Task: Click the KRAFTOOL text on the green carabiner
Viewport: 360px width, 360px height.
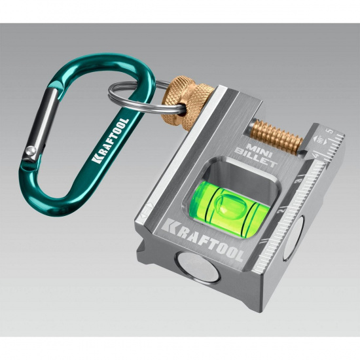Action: point(110,141)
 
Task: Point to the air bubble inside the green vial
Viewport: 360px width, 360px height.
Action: point(231,205)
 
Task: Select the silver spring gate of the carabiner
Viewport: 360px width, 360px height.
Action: point(41,124)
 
